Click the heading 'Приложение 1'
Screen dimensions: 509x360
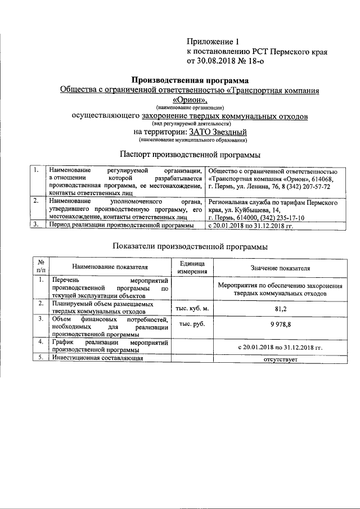pyautogui.click(x=213, y=41)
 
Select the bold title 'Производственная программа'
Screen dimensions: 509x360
pyautogui.click(x=190, y=80)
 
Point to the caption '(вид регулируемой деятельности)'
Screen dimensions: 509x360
pyautogui.click(x=191, y=123)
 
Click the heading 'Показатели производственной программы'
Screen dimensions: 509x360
pyautogui.click(x=190, y=246)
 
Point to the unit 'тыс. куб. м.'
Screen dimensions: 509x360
pyautogui.click(x=192, y=308)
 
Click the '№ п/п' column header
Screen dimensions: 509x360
pyautogui.click(x=40, y=266)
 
